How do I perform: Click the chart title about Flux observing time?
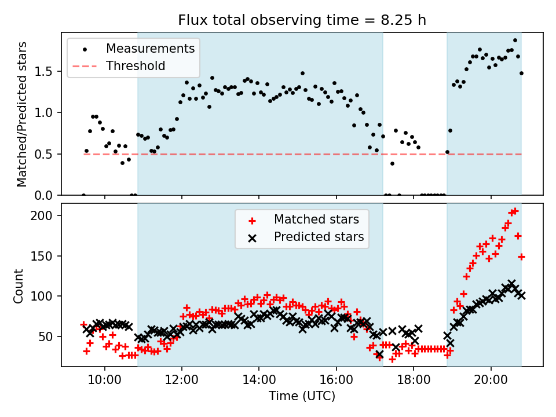[302, 20]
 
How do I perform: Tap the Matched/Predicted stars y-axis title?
[22, 114]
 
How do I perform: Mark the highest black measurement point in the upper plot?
[515, 41]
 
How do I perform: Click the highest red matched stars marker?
[515, 211]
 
